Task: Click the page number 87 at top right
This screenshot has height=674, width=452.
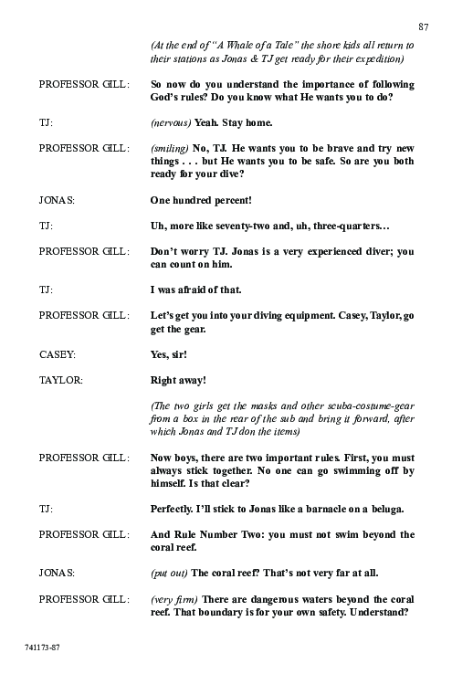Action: pyautogui.click(x=423, y=25)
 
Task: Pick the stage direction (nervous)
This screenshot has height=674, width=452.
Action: pyautogui.click(x=171, y=121)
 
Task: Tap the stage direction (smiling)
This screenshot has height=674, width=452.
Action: pyautogui.click(x=170, y=148)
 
